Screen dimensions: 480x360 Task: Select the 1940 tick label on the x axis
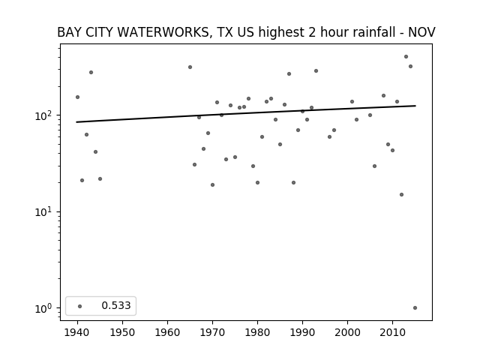pyautogui.click(x=77, y=332)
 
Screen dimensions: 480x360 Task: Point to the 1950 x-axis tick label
pyautogui.click(x=122, y=332)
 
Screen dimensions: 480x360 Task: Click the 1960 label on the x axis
pyautogui.click(x=167, y=332)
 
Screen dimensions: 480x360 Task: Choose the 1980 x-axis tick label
pyautogui.click(x=257, y=332)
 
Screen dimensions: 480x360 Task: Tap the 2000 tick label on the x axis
pyautogui.click(x=347, y=332)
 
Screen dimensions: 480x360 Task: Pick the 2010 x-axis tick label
pyautogui.click(x=392, y=332)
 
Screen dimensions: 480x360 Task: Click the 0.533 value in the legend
pyautogui.click(x=116, y=305)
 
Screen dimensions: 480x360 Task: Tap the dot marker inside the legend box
pyautogui.click(x=80, y=306)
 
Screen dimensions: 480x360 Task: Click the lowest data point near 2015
pyautogui.click(x=415, y=308)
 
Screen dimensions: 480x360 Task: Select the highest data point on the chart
pyautogui.click(x=406, y=57)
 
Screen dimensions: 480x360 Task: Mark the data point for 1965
pyautogui.click(x=190, y=67)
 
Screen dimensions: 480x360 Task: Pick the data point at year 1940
pyautogui.click(x=77, y=97)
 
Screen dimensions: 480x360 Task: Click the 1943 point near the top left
pyautogui.click(x=91, y=73)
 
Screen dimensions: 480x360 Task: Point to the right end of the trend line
pyautogui.click(x=415, y=106)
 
